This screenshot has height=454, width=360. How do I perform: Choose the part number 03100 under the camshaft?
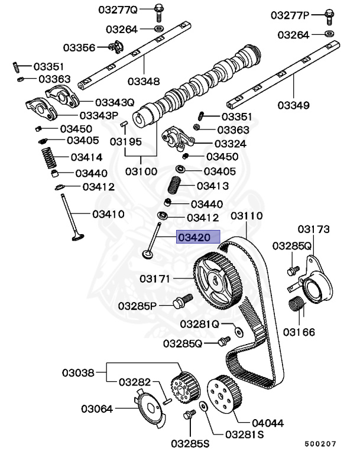pos(141,172)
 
